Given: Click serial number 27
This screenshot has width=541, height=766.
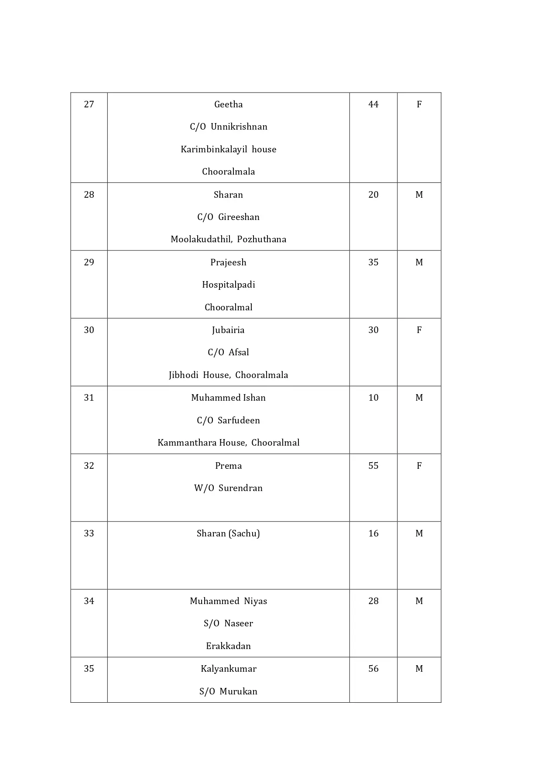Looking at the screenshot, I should [89, 104].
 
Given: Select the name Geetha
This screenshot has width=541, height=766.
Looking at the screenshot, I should [228, 104].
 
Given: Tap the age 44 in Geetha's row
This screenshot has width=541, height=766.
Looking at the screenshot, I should [373, 104].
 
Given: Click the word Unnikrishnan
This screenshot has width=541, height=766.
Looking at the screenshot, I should [239, 127].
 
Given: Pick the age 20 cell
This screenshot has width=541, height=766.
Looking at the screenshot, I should [373, 195].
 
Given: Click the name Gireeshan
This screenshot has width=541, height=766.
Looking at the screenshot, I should [239, 217].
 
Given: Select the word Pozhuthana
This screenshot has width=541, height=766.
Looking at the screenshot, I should [261, 239].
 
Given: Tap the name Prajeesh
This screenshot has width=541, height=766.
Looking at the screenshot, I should [228, 262].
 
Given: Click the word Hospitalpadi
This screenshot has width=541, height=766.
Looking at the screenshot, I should [228, 285].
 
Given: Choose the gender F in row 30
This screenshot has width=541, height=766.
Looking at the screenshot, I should [419, 330].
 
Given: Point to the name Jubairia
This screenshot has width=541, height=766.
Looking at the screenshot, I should [228, 330].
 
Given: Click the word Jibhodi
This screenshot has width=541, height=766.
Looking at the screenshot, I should [183, 375].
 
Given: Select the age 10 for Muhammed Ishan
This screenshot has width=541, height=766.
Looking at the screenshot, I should [373, 398].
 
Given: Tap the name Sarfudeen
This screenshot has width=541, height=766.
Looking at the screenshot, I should [239, 420].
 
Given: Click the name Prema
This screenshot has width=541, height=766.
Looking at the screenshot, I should [228, 466].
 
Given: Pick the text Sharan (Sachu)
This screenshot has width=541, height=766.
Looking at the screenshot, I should [228, 533].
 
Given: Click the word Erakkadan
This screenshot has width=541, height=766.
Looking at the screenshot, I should [228, 646].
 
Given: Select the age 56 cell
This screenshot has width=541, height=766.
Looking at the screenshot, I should [373, 669].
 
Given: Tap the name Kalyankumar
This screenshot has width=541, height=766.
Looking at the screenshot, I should [228, 669].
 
